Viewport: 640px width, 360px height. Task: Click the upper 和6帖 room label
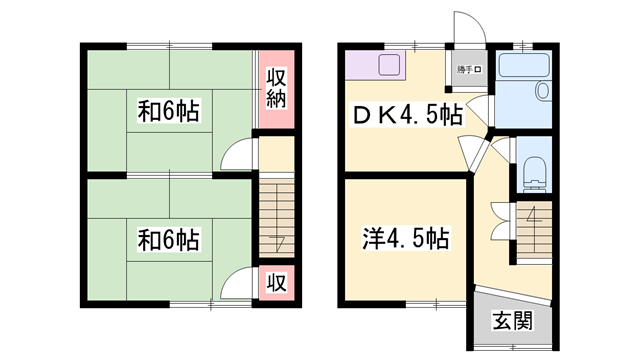[x=168, y=113]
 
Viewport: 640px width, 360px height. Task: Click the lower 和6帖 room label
[x=168, y=240]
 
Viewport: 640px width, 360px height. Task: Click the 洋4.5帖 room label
[x=404, y=239]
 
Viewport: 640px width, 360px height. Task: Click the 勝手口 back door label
[x=469, y=69]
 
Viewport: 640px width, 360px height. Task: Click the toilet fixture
[x=535, y=172]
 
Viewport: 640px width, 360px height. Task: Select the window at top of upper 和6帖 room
[x=169, y=45]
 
